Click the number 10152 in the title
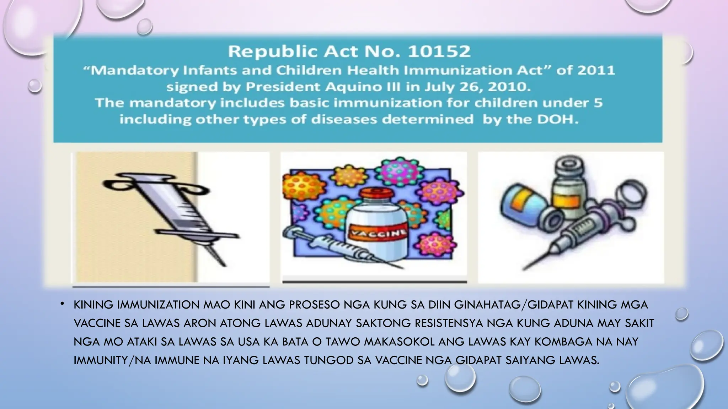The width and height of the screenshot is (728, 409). (439, 52)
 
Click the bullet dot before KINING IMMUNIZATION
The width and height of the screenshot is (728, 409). (62, 304)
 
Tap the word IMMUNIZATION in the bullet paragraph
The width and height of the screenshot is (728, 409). (158, 305)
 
